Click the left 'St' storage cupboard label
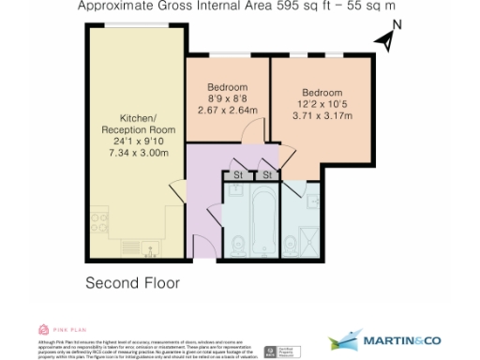(238, 175)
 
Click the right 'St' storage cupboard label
(266, 175)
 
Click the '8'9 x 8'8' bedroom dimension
(228, 97)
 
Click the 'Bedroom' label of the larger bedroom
(321, 92)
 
